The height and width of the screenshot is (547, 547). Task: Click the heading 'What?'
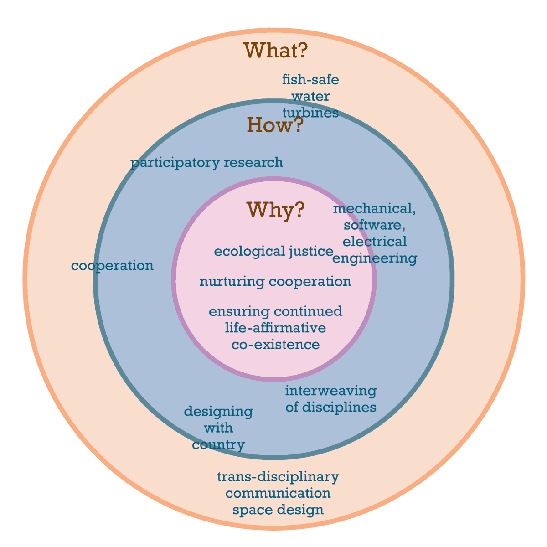click(x=276, y=51)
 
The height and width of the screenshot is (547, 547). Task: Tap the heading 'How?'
click(x=275, y=125)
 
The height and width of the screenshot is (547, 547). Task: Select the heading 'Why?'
click(x=275, y=210)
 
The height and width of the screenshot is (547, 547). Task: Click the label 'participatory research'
click(x=206, y=163)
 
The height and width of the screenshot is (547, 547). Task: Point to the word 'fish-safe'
click(x=310, y=80)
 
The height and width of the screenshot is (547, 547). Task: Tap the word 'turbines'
click(x=310, y=113)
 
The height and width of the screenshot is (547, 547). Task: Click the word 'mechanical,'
click(x=375, y=209)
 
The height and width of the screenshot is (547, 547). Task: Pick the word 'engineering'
click(x=375, y=258)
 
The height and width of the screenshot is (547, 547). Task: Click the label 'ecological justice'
click(x=273, y=252)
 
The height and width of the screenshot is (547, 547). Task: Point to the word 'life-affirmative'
click(x=275, y=328)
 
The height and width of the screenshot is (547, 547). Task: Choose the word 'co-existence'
click(x=275, y=344)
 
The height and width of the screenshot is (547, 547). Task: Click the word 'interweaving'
click(x=331, y=391)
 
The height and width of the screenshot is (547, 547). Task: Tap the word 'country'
click(x=218, y=444)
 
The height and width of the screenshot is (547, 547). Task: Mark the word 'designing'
click(x=218, y=412)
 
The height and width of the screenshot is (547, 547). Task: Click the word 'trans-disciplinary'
click(x=278, y=477)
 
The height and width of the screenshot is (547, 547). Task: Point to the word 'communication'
click(x=278, y=493)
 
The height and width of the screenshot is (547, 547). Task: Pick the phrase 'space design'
click(x=278, y=510)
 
